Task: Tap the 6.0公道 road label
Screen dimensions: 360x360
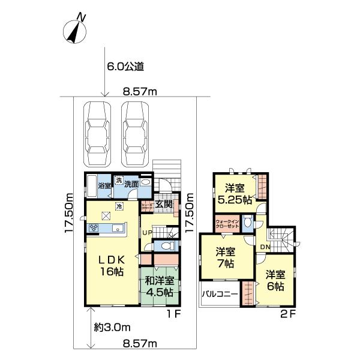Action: (x=126, y=67)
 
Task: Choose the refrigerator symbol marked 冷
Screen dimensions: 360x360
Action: (x=119, y=207)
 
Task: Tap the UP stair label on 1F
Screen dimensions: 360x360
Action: (x=147, y=232)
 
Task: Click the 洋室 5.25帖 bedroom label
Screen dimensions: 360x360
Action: (x=234, y=193)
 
